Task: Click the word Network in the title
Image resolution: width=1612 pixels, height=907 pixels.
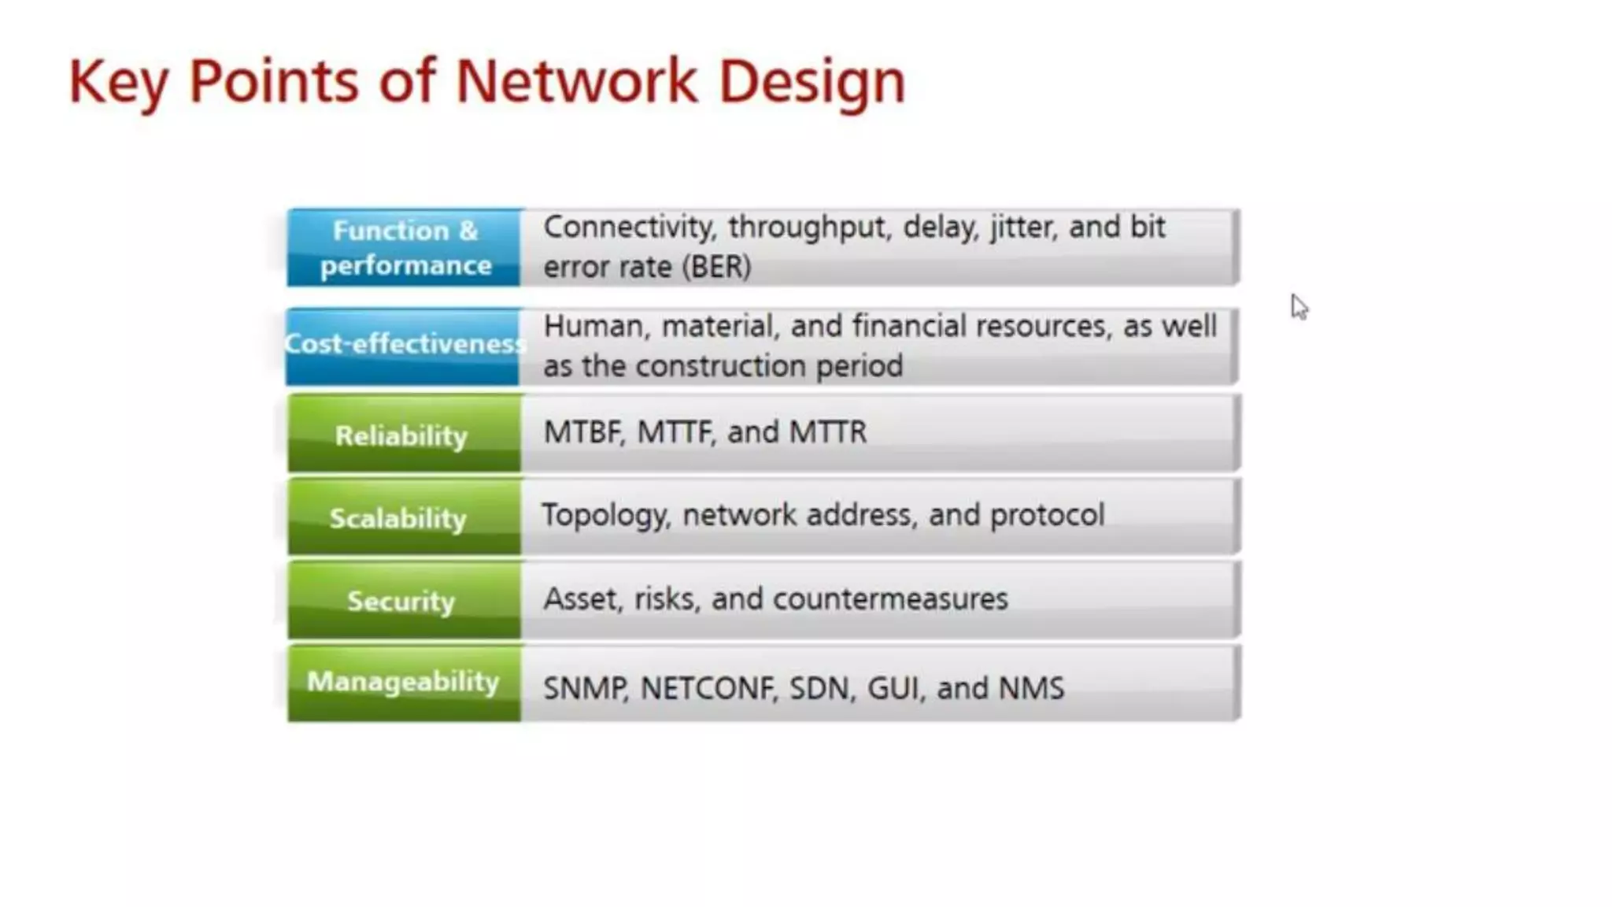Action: (576, 81)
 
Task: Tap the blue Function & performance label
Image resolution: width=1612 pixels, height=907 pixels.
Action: (404, 247)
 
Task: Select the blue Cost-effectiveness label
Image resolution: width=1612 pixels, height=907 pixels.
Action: (403, 345)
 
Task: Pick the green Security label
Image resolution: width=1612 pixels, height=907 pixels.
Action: (402, 601)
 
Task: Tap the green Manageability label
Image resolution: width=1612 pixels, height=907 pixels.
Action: (403, 682)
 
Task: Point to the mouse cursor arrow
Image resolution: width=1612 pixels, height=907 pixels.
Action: (1298, 305)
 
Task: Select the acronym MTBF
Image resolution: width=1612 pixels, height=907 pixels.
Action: (582, 432)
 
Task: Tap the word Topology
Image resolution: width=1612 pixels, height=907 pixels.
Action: (605, 516)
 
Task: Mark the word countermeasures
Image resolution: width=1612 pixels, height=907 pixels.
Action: (890, 599)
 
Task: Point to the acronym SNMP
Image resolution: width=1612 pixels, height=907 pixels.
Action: (585, 688)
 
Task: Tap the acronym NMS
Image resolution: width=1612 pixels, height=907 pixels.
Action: (1031, 688)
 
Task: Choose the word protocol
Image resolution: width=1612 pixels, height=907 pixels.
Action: (1047, 516)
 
